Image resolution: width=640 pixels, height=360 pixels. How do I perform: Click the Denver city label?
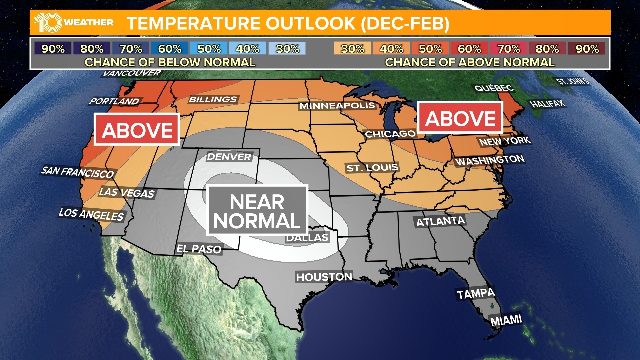(229, 157)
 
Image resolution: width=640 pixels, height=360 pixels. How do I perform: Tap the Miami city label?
(506, 320)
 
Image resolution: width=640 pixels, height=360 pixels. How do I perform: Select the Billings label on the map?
(213, 99)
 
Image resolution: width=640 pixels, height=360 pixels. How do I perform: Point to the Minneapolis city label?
(337, 106)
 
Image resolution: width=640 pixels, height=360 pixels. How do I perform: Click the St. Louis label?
(372, 168)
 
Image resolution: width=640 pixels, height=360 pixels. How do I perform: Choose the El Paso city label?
(199, 249)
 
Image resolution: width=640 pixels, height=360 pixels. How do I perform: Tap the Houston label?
(324, 277)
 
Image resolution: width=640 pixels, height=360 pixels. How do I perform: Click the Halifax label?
(548, 104)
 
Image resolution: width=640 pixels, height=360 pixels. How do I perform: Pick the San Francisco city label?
(77, 172)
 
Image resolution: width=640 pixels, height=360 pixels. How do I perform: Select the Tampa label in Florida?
(476, 294)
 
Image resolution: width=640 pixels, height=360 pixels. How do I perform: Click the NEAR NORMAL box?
(257, 211)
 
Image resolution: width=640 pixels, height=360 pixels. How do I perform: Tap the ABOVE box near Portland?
(137, 130)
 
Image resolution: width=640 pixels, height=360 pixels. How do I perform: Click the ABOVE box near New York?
(460, 118)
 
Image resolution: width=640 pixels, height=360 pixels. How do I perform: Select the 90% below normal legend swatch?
(53, 49)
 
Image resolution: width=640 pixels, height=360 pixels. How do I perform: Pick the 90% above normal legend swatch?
(587, 49)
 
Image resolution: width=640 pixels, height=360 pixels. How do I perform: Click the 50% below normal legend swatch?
(209, 49)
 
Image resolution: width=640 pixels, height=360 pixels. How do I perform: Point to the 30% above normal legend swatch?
(352, 49)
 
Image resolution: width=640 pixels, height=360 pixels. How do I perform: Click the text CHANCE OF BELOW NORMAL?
(170, 62)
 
